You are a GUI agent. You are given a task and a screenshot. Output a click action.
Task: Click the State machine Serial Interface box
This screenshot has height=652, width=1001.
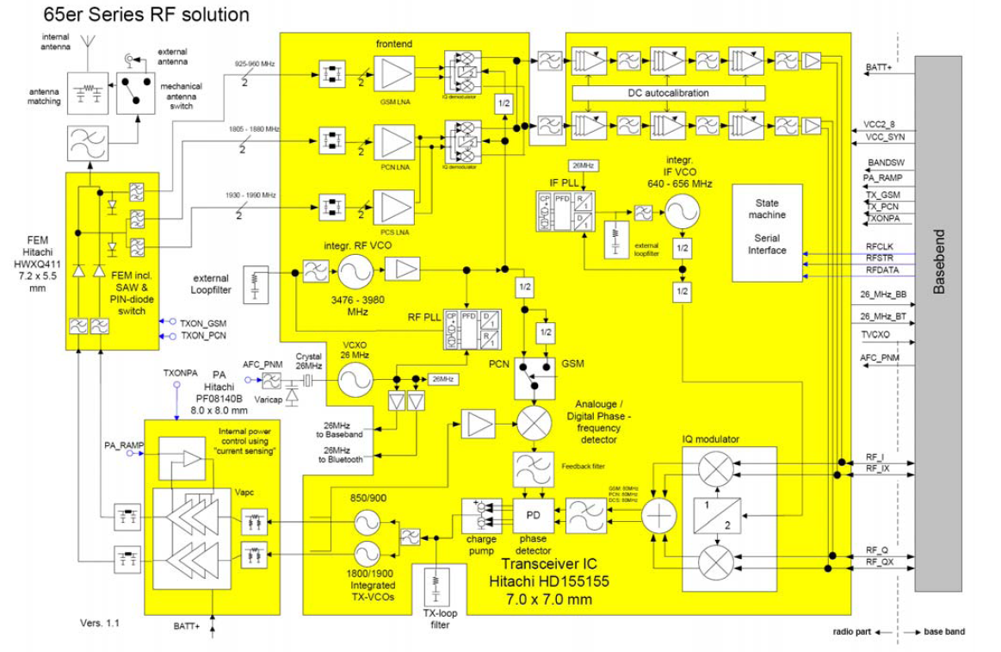[x=767, y=232]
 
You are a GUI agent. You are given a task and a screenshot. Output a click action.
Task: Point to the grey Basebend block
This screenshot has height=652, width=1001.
[x=938, y=323]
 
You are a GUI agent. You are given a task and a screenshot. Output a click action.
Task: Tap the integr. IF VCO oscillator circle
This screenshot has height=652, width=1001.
[x=683, y=211]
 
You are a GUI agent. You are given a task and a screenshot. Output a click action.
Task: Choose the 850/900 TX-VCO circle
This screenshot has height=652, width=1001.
[x=367, y=522]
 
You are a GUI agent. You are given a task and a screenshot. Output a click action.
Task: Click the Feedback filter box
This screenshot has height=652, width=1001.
[x=532, y=469]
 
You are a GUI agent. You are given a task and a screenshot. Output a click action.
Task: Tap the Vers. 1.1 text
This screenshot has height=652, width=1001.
[x=98, y=622]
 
